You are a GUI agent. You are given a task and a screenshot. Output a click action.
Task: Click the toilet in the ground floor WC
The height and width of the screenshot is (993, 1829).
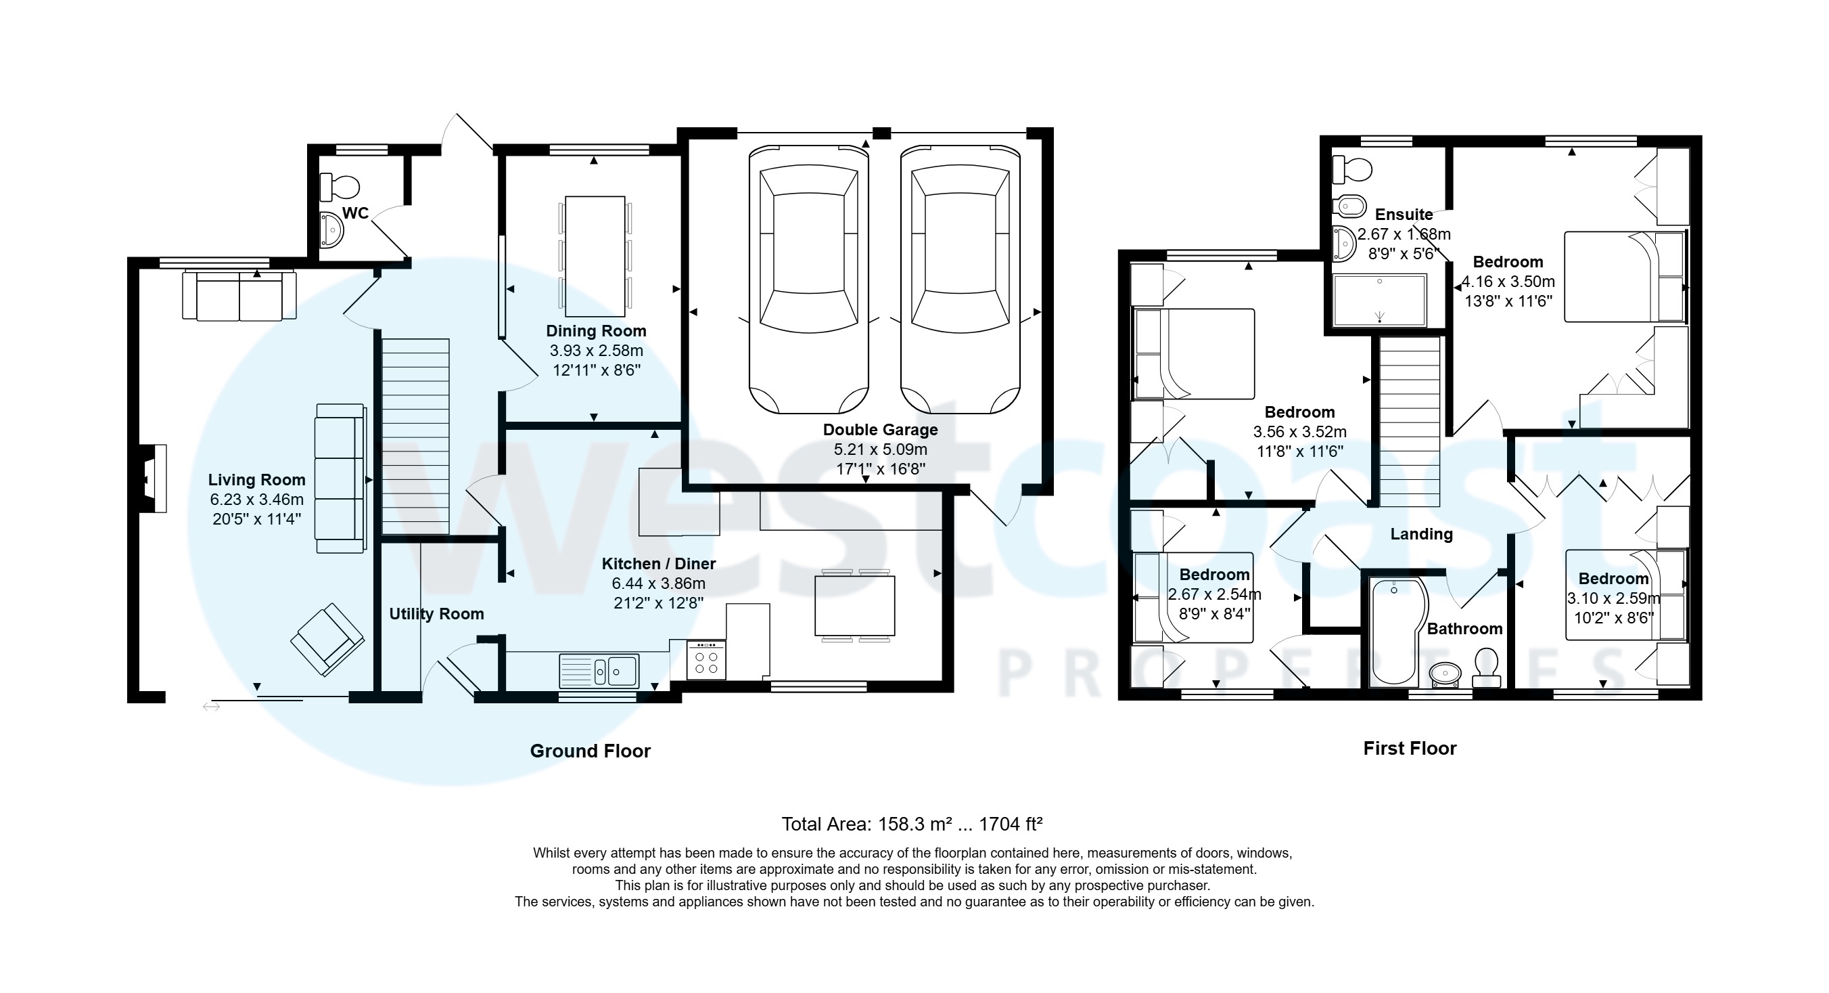341,187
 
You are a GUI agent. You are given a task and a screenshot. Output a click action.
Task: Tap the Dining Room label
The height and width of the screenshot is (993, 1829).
596,331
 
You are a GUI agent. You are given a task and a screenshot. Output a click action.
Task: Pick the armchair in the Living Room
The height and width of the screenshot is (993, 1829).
327,638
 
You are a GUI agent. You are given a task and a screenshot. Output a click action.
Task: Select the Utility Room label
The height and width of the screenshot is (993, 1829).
436,614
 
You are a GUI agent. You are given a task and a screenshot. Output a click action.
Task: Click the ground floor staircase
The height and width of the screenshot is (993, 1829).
416,436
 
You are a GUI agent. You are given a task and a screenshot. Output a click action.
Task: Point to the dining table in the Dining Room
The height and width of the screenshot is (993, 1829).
595,257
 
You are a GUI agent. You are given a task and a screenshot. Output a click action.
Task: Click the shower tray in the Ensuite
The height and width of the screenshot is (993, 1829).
1380,301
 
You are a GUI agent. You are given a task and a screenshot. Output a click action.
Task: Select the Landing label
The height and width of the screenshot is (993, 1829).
1421,534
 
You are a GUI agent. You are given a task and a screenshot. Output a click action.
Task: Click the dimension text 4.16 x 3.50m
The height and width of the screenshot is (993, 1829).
1508,282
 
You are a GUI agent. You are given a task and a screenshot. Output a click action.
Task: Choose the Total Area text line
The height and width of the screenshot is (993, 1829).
912,824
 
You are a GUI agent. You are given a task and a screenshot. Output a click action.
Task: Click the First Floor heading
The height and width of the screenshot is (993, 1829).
1410,748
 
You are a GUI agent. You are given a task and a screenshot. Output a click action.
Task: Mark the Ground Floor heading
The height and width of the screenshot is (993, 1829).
590,751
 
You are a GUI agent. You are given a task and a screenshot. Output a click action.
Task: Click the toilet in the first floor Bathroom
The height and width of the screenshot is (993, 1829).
1487,667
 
